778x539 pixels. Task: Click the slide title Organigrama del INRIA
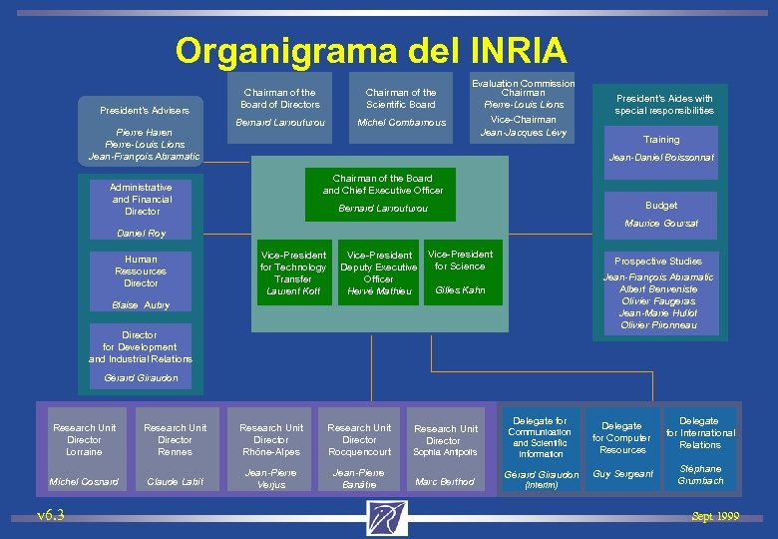pyautogui.click(x=370, y=49)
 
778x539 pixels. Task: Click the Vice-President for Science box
pyautogui.click(x=460, y=270)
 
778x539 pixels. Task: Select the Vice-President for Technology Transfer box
pyautogui.click(x=293, y=272)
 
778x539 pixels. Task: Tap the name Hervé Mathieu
pyautogui.click(x=379, y=291)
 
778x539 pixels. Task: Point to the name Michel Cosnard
pyautogui.click(x=84, y=481)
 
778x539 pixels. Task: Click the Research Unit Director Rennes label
pyautogui.click(x=175, y=439)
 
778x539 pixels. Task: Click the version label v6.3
pyautogui.click(x=51, y=515)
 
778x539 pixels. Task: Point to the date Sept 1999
pyautogui.click(x=715, y=516)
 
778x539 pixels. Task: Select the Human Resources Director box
pyautogui.click(x=141, y=270)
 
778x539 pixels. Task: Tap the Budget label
pyautogui.click(x=661, y=206)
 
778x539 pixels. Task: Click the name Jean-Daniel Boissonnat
pyautogui.click(x=661, y=158)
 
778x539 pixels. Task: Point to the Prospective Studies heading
pyautogui.click(x=658, y=262)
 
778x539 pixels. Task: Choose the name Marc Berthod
pyautogui.click(x=445, y=482)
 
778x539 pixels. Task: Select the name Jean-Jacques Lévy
pyautogui.click(x=524, y=132)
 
